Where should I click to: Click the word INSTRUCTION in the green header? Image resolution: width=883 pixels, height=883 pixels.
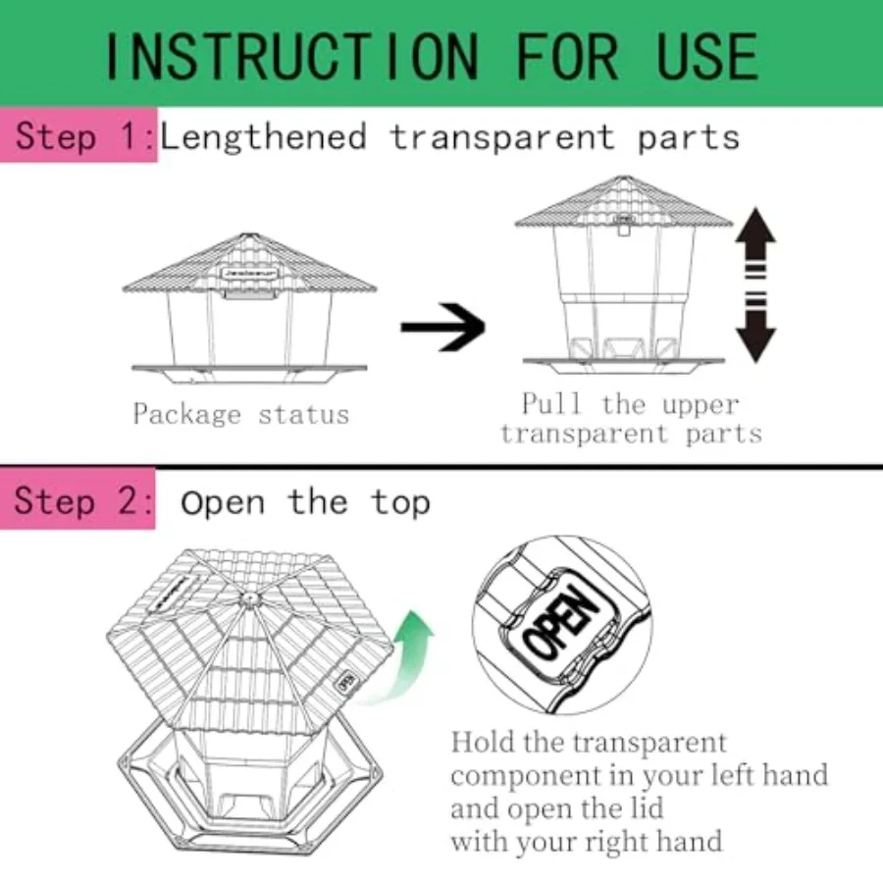tap(295, 57)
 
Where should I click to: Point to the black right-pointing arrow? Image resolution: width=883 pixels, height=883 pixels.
tap(442, 327)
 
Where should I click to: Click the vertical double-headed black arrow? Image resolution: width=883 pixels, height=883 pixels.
tap(754, 284)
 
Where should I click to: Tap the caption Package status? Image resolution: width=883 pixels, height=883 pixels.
tap(240, 414)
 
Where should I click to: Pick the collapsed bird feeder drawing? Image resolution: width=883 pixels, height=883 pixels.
tap(249, 304)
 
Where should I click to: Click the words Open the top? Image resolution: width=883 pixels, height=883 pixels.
tap(305, 502)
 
